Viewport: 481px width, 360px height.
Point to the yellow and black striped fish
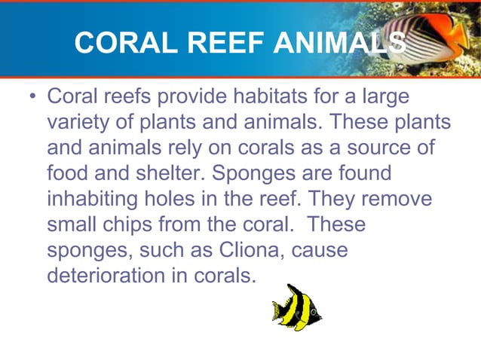[296, 307]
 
